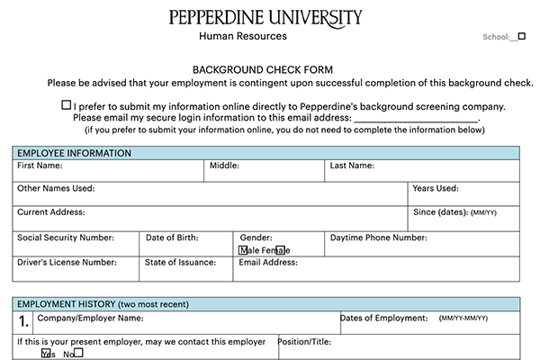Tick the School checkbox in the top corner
pos(521,37)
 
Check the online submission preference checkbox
pos(67,105)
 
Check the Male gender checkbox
pos(244,250)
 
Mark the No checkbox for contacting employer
pos(77,353)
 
